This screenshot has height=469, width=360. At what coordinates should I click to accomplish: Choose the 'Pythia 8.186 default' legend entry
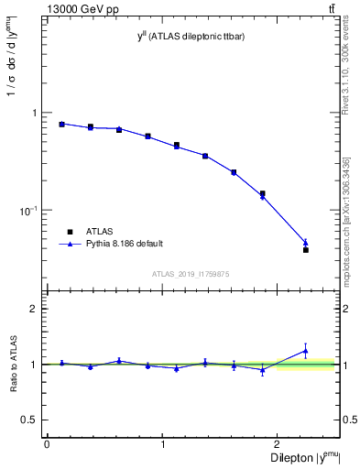click(x=123, y=244)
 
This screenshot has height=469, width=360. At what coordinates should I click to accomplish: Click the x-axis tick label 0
click(x=47, y=444)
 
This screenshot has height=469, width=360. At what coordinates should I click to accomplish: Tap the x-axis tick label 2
click(x=278, y=444)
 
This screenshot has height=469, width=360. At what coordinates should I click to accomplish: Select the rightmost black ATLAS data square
click(x=306, y=249)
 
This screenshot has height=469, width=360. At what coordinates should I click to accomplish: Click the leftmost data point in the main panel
click(x=61, y=124)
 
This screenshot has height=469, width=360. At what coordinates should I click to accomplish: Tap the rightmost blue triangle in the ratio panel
click(x=306, y=351)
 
